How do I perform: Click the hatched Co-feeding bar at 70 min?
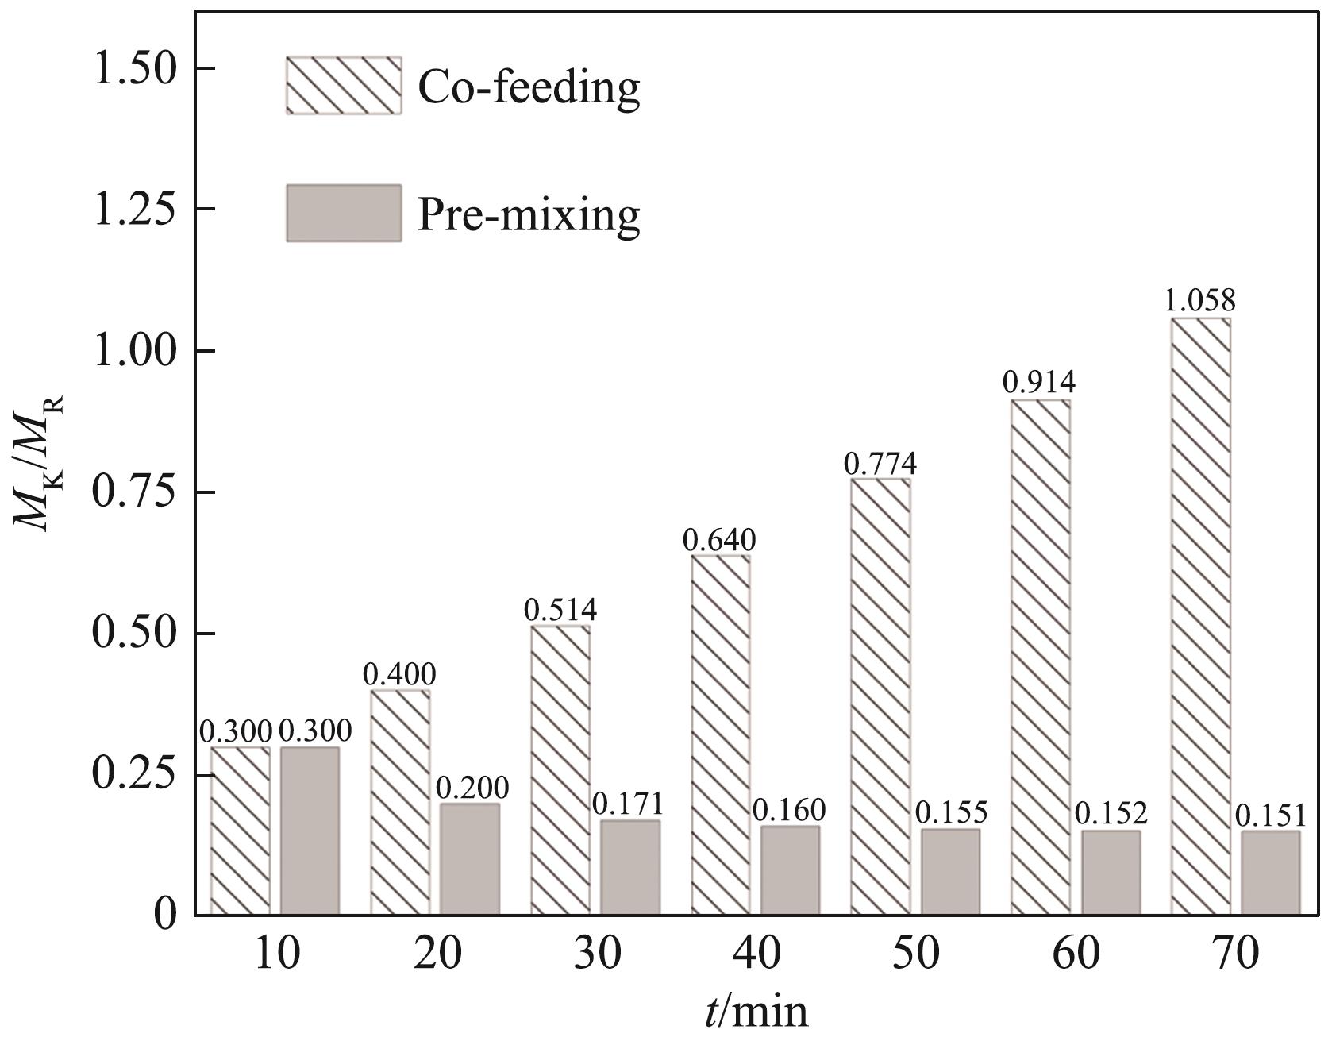(1200, 616)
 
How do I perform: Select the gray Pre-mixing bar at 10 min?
(310, 831)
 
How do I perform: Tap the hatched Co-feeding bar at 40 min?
(720, 734)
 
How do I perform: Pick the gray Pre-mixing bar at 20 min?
(470, 859)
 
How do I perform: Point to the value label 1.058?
(1200, 302)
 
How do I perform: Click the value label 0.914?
(1039, 383)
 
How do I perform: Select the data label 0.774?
(880, 462)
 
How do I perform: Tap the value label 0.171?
(628, 804)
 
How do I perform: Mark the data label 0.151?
(1270, 815)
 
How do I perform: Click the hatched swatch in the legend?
(343, 86)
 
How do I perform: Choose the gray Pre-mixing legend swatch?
(343, 213)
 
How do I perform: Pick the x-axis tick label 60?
(1076, 954)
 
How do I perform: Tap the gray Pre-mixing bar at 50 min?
(950, 872)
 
